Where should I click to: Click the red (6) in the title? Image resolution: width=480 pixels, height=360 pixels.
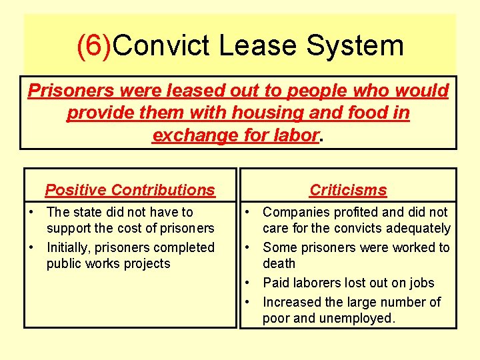click(95, 46)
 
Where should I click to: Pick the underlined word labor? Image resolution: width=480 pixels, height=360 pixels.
click(296, 135)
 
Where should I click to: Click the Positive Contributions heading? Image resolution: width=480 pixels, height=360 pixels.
click(130, 190)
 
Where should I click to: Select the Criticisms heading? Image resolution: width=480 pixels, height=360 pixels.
click(348, 190)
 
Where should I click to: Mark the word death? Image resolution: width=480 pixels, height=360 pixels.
click(279, 263)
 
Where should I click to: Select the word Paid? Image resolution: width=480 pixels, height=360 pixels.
click(275, 283)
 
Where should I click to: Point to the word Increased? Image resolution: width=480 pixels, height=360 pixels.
click(293, 302)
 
